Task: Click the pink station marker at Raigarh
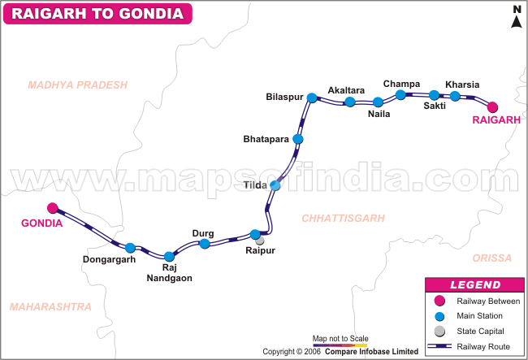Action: [491, 106]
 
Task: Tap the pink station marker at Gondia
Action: [53, 208]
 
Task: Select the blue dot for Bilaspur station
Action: [311, 98]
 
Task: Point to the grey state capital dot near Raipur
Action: [260, 241]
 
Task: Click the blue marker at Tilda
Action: [275, 185]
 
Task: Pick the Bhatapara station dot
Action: [298, 139]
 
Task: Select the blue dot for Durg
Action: [205, 244]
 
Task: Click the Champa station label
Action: [401, 84]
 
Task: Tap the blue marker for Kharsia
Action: [455, 96]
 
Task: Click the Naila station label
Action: [379, 114]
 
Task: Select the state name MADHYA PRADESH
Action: [78, 85]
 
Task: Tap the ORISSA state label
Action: [492, 258]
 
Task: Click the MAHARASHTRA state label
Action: [50, 306]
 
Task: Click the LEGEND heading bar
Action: [475, 285]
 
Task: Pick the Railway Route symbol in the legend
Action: [439, 346]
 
